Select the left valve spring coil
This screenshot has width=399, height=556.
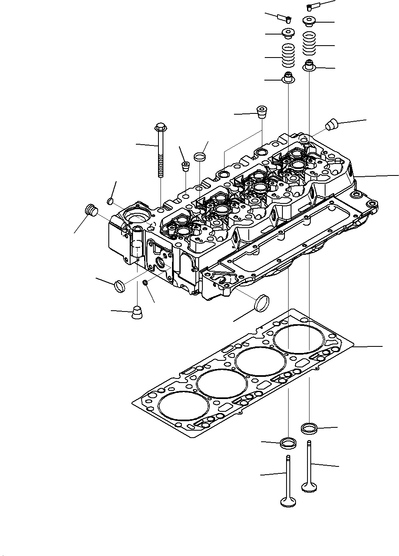tap(289, 57)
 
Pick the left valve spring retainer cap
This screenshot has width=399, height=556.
tap(287, 33)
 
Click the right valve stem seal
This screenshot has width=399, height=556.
tap(309, 66)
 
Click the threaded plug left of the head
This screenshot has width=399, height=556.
tap(92, 210)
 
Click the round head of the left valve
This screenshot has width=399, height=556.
tap(288, 502)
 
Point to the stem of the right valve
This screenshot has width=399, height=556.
tap(309, 460)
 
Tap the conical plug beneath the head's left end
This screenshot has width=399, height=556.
tap(138, 312)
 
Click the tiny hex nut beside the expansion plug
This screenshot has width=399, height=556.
tap(145, 282)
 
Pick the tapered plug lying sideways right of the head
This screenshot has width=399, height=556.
tap(331, 124)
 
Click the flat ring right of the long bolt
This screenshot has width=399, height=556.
tap(200, 157)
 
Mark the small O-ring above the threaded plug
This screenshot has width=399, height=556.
tap(110, 201)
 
